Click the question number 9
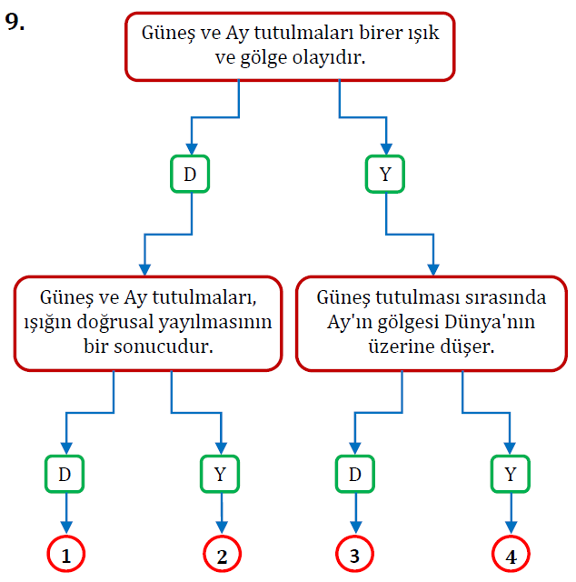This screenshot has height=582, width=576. pos(15,22)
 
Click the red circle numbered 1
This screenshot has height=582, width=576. pos(66,555)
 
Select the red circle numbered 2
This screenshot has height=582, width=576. pos(220,555)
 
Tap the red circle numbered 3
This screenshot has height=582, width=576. pos(355,555)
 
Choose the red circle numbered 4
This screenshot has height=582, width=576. pos(511,555)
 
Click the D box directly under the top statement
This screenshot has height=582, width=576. pos(190,175)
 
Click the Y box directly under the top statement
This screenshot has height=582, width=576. pos(386,175)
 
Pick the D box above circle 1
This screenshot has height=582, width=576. pos(66,474)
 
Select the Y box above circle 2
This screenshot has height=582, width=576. pos(220,474)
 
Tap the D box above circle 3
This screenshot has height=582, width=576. pos(355,474)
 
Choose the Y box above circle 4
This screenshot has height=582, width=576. pos(511,474)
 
